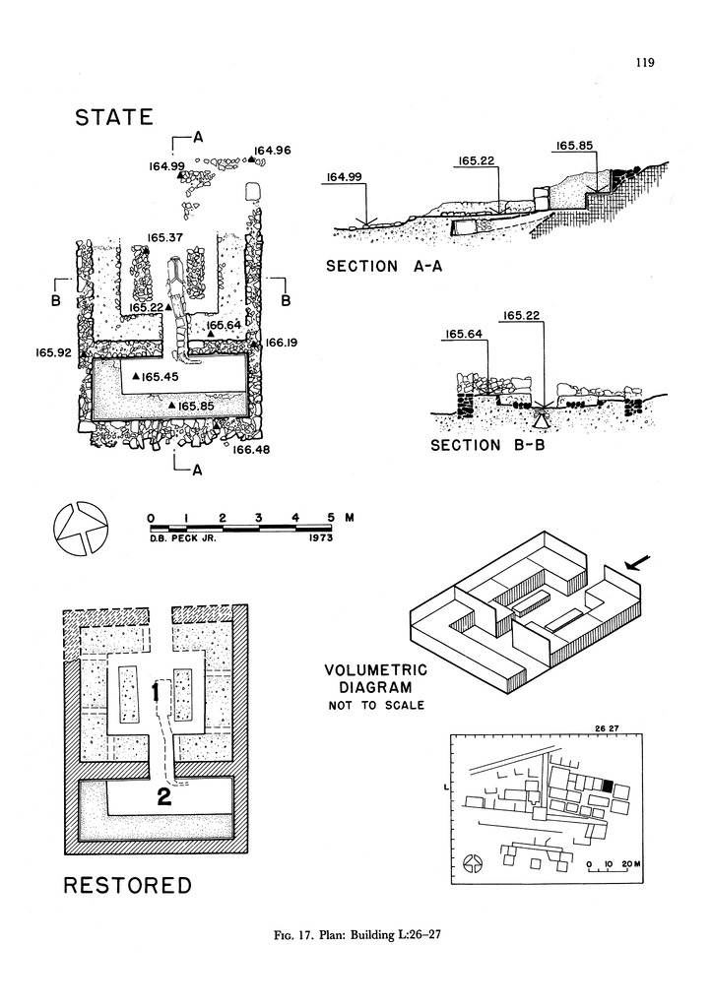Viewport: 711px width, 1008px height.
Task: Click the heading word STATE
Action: click(114, 118)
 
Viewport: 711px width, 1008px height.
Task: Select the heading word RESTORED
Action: click(128, 886)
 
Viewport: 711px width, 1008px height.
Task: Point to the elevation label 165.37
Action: click(165, 237)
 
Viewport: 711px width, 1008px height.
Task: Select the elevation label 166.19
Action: click(282, 343)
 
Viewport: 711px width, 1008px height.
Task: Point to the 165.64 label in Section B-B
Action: click(464, 335)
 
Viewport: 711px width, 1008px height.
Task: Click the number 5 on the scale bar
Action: click(331, 517)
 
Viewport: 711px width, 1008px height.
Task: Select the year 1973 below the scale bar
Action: click(325, 538)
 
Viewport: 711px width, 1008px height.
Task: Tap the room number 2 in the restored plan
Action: click(164, 798)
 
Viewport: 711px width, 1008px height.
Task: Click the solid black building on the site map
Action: click(608, 785)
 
